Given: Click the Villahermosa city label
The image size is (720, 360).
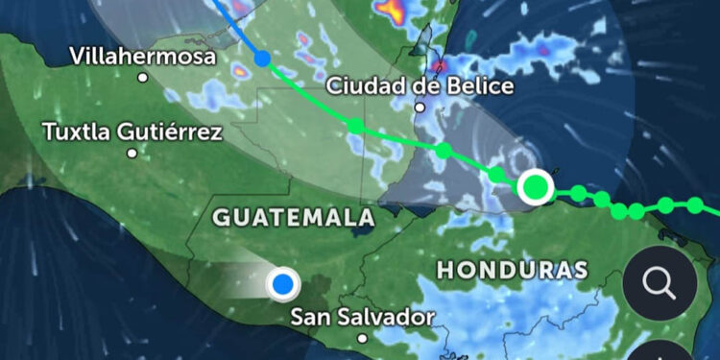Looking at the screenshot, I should pyautogui.click(x=142, y=57).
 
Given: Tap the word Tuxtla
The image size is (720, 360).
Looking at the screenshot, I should pyautogui.click(x=74, y=132).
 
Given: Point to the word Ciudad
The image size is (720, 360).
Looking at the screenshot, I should pyautogui.click(x=368, y=84).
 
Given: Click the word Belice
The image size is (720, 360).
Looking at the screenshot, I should pyautogui.click(x=477, y=84).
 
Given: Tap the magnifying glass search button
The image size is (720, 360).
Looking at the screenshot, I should pyautogui.click(x=660, y=283).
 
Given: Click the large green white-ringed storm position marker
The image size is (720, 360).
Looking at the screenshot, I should pyautogui.click(x=536, y=186).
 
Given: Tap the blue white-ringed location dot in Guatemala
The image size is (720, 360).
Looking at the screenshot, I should pyautogui.click(x=282, y=283).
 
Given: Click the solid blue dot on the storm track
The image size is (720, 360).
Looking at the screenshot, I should pyautogui.click(x=262, y=59).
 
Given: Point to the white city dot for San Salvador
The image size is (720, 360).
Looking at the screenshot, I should pyautogui.click(x=363, y=338).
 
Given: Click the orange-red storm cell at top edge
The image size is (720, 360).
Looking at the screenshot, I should pyautogui.click(x=391, y=10).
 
